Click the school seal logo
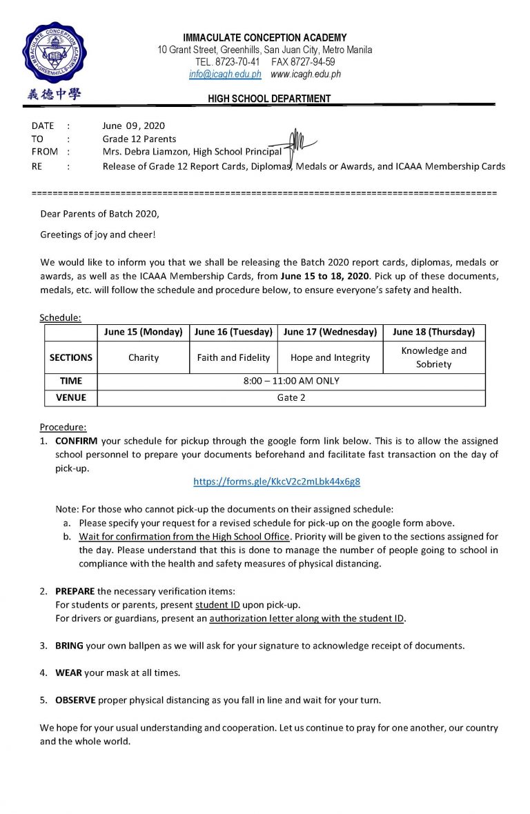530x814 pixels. [55, 54]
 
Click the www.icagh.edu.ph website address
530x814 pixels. [305, 75]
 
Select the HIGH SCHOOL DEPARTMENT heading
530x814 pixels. [269, 99]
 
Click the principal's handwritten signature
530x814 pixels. [297, 145]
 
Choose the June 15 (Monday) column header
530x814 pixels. [143, 332]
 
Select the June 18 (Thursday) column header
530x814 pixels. [433, 332]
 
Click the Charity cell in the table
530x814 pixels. [143, 357]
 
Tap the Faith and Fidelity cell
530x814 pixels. [233, 357]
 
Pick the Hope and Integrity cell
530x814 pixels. [330, 357]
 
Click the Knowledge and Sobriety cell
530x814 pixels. [433, 357]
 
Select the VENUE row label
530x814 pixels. [70, 398]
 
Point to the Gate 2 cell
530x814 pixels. [291, 398]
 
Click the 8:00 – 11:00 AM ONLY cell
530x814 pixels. [291, 381]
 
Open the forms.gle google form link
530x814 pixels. [276, 482]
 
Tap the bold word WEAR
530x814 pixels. [69, 672]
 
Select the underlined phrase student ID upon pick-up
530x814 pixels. [214, 605]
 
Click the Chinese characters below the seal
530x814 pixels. [55, 94]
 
